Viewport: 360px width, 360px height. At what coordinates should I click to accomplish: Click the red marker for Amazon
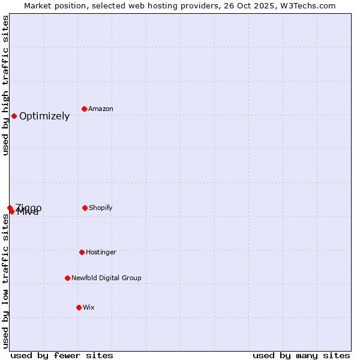pos(85,109)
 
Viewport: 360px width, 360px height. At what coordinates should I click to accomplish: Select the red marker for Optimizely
pos(14,116)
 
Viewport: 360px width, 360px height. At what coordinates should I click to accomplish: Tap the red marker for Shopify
pos(85,208)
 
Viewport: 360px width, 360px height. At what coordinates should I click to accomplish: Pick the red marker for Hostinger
pos(82,252)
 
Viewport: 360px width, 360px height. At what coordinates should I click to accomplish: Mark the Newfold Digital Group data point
pos(67,278)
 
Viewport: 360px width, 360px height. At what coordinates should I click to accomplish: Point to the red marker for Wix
pos(79,307)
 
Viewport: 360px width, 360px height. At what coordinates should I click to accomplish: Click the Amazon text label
pos(101,109)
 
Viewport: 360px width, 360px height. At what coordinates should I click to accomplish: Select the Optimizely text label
pos(44,116)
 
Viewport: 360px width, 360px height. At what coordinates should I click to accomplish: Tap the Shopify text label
pos(101,208)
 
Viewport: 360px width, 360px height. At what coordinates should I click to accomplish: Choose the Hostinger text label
pos(101,252)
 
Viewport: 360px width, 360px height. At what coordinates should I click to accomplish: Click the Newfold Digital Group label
pos(106,278)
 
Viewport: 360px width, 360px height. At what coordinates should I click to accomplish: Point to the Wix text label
pos(89,307)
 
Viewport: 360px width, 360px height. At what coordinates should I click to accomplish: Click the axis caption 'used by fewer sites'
pos(62,355)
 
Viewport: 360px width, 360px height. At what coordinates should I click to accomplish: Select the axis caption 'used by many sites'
pos(301,355)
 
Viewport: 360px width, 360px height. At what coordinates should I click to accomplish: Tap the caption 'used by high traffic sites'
pos(5,85)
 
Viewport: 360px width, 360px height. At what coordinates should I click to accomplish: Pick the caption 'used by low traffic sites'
pos(5,281)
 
